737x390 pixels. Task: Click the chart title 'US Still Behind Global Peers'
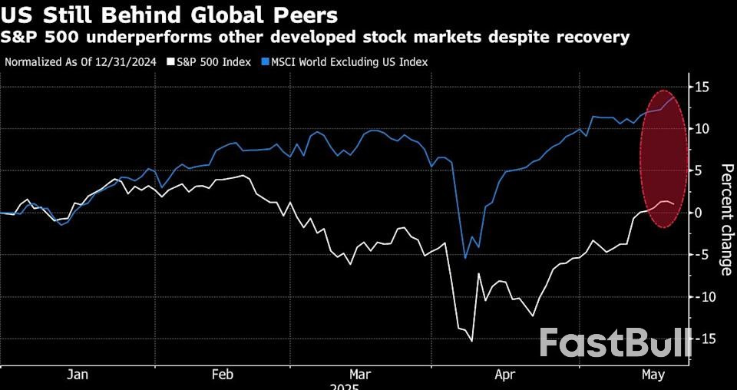click(x=169, y=14)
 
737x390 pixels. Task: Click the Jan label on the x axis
click(x=78, y=375)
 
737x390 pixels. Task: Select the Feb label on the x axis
click(x=222, y=375)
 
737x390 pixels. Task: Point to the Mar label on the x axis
click(x=360, y=375)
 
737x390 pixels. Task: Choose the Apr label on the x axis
click(x=504, y=375)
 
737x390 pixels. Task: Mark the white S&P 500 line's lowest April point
click(x=471, y=340)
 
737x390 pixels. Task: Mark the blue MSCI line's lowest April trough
click(x=465, y=258)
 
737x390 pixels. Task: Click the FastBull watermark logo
click(x=615, y=343)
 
